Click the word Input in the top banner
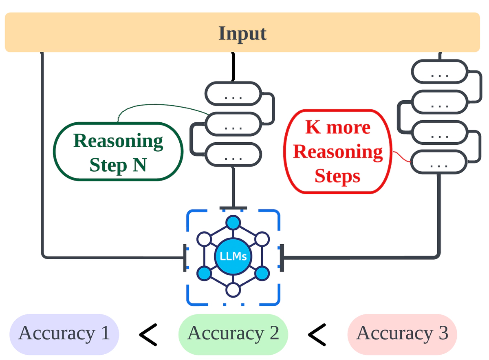[242, 33]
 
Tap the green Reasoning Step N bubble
[118, 152]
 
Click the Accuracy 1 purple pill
[64, 334]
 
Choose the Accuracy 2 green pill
[233, 334]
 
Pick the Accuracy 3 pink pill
[402, 334]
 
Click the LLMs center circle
[233, 257]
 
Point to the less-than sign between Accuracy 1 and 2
[148, 335]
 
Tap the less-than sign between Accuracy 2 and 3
[317, 335]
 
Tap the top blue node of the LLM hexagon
[233, 223]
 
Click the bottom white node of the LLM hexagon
[233, 290]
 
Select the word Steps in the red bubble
[337, 176]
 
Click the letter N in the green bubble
[139, 165]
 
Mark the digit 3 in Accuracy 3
[443, 334]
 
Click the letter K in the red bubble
[313, 128]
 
